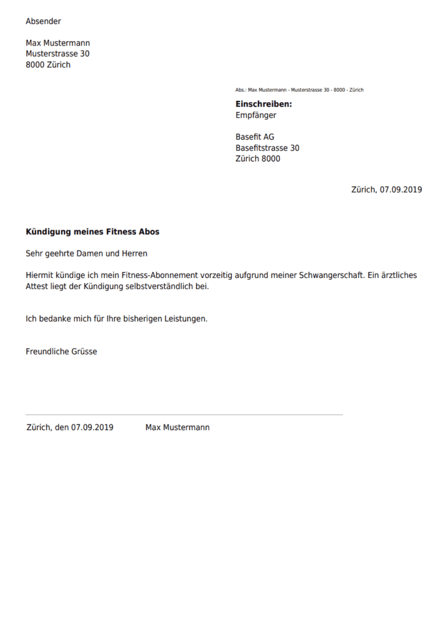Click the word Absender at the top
click(x=43, y=22)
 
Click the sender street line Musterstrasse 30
click(x=57, y=54)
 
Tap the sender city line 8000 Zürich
click(x=48, y=65)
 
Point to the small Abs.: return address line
click(x=299, y=90)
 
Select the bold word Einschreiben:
click(x=263, y=104)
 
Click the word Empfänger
click(x=255, y=115)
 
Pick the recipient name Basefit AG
click(x=255, y=137)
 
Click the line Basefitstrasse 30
click(x=267, y=148)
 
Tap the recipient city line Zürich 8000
click(x=257, y=159)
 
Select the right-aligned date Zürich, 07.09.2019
click(x=386, y=190)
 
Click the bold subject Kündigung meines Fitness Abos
click(x=92, y=232)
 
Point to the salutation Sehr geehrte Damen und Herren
click(x=86, y=253)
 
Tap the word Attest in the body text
click(x=38, y=286)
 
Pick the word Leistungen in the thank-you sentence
click(x=185, y=319)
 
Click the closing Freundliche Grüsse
click(x=61, y=352)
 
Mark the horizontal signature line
click(x=184, y=415)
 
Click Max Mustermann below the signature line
click(x=177, y=428)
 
